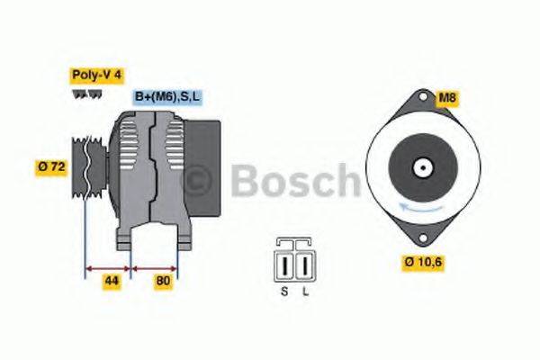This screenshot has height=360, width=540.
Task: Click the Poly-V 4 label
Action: point(96,76)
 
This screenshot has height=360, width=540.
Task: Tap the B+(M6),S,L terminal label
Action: point(168,96)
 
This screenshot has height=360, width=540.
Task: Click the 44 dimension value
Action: point(110,281)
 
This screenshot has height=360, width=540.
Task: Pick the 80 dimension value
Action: point(163,281)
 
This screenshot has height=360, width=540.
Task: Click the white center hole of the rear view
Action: point(421,166)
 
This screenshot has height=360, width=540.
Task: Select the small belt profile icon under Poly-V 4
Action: point(88,94)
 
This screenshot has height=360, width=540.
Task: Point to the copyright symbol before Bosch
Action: point(197,183)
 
